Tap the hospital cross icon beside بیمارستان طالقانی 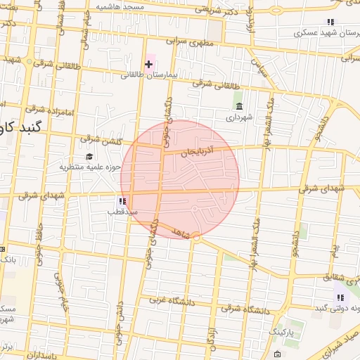coord(148,65)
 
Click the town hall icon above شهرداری coord(240,107)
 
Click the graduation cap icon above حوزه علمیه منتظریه coord(89,156)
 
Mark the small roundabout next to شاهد coord(196,238)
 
